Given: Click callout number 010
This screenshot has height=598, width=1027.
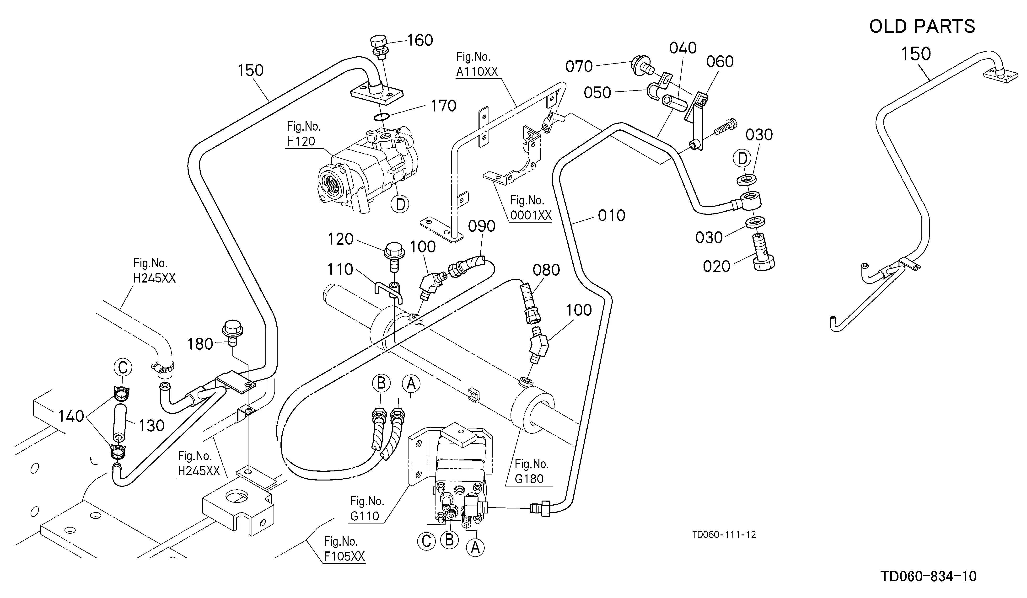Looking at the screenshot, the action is click(x=611, y=215).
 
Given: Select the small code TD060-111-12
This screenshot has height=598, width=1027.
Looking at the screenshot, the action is click(x=724, y=535).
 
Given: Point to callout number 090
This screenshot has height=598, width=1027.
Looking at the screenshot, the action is click(x=482, y=226).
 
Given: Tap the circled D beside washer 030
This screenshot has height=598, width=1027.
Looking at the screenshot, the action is click(x=742, y=159).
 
